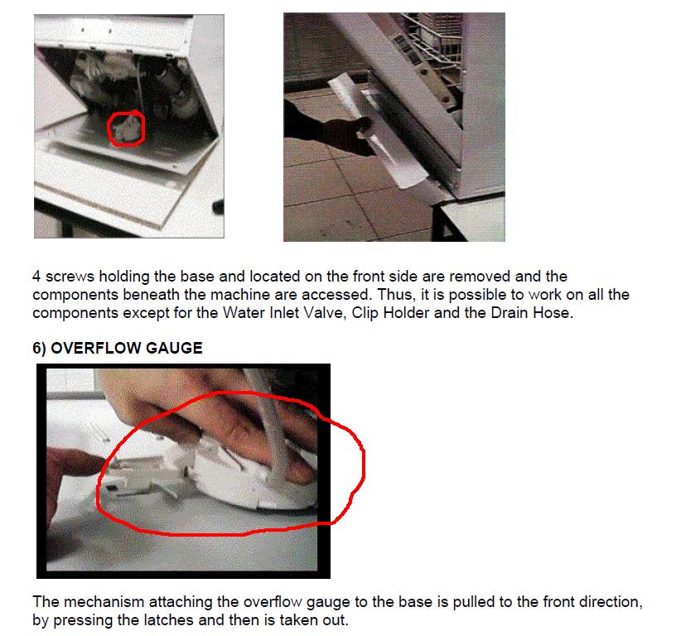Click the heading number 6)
39,348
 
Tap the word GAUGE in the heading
174,348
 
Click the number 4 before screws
36,276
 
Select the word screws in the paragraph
70,277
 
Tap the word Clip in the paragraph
365,313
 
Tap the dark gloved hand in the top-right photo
321,128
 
